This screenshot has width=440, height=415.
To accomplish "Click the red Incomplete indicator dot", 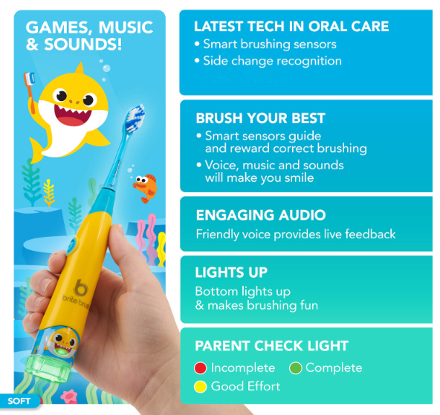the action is (x=201, y=368).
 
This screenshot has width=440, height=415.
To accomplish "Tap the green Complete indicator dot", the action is (x=296, y=368).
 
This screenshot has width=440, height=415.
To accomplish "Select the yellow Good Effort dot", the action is (x=201, y=387).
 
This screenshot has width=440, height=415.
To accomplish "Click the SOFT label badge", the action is (x=19, y=401).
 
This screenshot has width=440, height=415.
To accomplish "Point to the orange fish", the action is (x=146, y=188).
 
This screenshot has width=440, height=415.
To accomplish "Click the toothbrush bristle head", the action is (x=135, y=119).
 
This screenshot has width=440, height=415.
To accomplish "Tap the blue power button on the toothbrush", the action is (x=72, y=246).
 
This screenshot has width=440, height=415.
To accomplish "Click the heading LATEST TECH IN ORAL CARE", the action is (x=291, y=27).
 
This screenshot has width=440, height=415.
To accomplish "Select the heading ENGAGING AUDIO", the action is (x=261, y=215).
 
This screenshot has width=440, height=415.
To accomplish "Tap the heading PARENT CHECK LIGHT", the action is (x=271, y=345).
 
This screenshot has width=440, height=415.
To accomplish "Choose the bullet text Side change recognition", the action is (x=272, y=61).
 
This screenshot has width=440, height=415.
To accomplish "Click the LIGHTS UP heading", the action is (x=231, y=272).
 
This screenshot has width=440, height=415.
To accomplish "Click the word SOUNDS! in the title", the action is (x=82, y=45).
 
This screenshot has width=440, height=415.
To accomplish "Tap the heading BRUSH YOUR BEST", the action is (x=260, y=118).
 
